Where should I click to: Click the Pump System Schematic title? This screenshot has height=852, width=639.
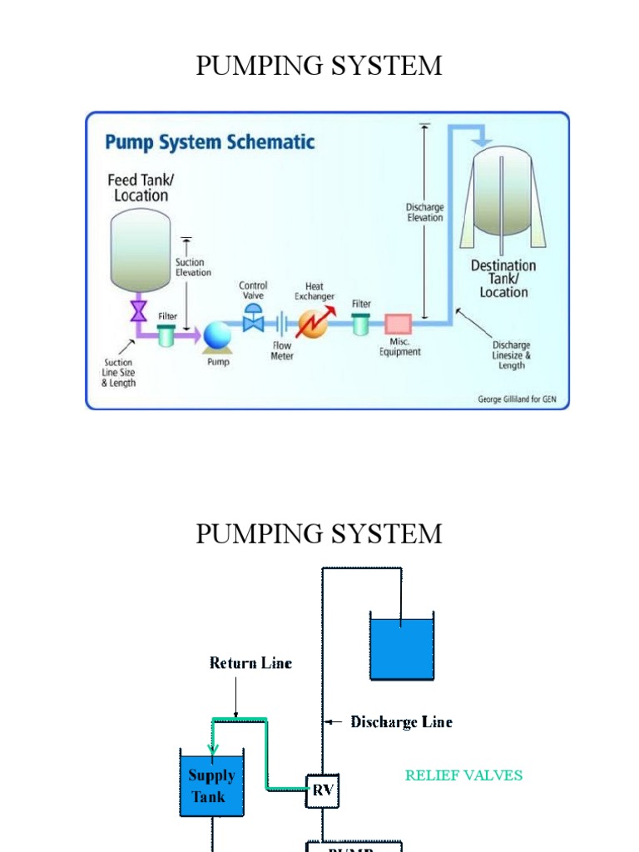tap(210, 142)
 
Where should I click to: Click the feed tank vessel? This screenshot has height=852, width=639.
tap(141, 250)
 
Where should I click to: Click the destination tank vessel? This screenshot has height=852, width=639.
tap(503, 196)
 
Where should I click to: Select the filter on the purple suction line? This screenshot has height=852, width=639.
tap(167, 335)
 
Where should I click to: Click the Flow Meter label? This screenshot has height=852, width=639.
tap(282, 350)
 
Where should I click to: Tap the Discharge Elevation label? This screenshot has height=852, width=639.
tap(424, 212)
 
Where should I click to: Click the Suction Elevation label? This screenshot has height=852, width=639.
tap(193, 267)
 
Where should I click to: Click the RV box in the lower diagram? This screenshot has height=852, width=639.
tap(323, 790)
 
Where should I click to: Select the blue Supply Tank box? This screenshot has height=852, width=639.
tap(211, 785)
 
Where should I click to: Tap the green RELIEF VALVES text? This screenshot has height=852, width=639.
tap(463, 775)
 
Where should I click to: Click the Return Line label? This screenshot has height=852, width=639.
tap(250, 663)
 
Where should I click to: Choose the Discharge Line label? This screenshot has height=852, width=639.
tap(401, 721)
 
